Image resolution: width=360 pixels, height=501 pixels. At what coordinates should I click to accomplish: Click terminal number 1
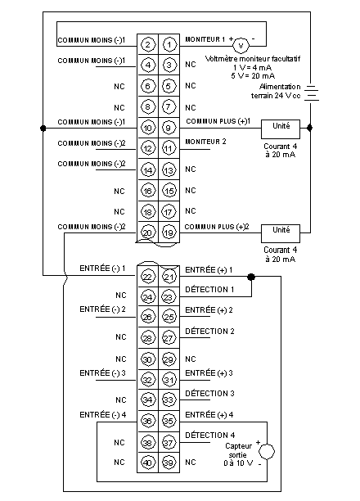point(169,44)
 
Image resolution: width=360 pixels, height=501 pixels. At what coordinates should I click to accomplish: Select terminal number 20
point(147,232)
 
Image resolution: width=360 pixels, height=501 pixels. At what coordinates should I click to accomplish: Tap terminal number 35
point(169,421)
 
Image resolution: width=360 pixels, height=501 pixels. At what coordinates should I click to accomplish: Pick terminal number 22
point(147,277)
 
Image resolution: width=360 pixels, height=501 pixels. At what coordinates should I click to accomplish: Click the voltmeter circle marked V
point(241,45)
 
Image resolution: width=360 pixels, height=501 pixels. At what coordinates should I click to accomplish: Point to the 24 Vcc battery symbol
point(311,93)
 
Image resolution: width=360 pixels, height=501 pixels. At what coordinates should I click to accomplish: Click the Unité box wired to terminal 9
point(281,129)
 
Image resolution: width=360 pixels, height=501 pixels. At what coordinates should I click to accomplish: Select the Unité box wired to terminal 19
point(281,233)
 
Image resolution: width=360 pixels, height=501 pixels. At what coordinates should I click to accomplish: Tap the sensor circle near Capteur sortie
point(267,452)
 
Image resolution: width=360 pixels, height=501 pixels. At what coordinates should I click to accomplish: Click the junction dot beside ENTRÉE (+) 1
point(251,277)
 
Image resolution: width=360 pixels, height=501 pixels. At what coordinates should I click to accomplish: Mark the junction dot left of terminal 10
point(43,129)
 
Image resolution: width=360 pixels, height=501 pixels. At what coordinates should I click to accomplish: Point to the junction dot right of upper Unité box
point(309,128)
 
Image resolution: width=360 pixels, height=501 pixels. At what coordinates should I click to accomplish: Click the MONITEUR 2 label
point(205,142)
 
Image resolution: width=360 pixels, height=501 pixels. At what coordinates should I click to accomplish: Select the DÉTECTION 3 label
point(209,393)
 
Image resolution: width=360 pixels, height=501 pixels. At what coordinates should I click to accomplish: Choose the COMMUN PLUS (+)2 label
point(217,227)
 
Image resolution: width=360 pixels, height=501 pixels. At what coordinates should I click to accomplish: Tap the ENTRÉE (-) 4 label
point(103,415)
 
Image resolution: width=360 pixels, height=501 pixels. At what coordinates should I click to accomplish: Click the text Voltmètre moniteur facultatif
point(253,59)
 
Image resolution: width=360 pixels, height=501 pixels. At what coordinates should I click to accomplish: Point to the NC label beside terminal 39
point(191,462)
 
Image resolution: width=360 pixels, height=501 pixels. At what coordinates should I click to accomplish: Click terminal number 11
point(169,148)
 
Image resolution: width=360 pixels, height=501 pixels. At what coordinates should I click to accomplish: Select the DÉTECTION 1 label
point(209,290)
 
